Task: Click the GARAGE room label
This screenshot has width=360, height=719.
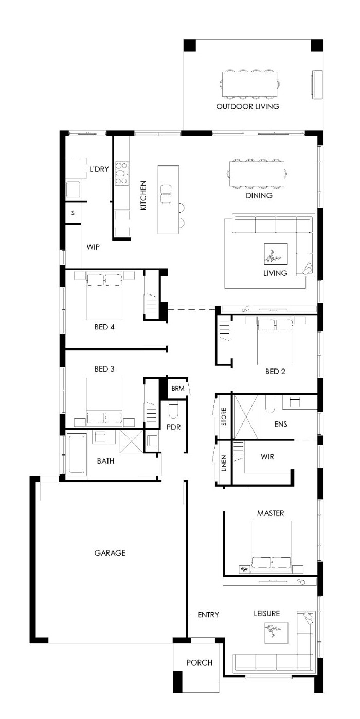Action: (110, 552)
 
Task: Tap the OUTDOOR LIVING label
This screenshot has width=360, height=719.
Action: (247, 106)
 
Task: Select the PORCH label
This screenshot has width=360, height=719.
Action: (200, 662)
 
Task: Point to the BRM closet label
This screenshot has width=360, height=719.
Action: (177, 389)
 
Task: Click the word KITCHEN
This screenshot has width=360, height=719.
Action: (143, 195)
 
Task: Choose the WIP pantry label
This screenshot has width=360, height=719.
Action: (93, 247)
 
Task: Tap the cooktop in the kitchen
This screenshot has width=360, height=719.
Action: (122, 174)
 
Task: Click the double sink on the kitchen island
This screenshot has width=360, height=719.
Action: (166, 194)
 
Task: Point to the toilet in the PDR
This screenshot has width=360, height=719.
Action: (173, 410)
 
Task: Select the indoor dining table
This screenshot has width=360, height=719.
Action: (257, 174)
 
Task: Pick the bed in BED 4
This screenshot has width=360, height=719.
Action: (104, 296)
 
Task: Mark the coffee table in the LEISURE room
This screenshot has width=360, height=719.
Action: (276, 633)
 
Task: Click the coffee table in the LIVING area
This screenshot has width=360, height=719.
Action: (276, 253)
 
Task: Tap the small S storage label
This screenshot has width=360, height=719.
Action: (73, 213)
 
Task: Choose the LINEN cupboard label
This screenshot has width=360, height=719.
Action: (224, 463)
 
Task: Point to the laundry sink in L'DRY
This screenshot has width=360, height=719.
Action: (73, 189)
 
